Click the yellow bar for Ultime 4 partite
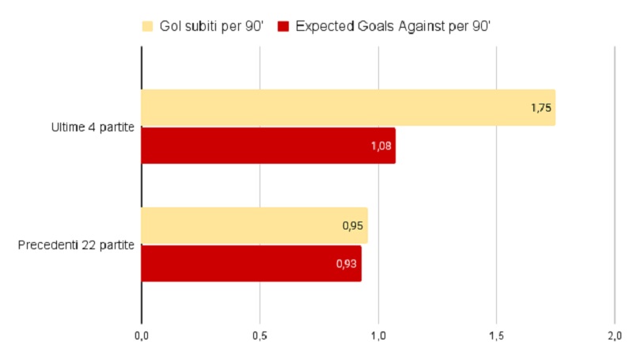(348, 108)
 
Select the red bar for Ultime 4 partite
(267, 146)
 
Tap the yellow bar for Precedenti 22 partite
(254, 225)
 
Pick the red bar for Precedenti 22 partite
(251, 263)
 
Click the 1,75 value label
(540, 108)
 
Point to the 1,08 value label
(381, 146)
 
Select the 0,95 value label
(353, 225)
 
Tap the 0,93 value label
(347, 263)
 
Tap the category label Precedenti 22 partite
(76, 244)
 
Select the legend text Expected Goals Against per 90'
(394, 26)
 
